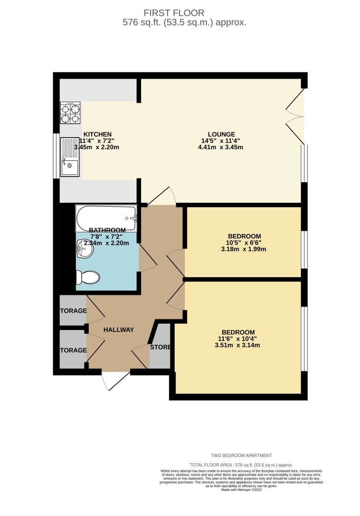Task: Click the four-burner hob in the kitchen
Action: click(70, 113)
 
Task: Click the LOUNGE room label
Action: click(221, 134)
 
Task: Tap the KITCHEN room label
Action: click(97, 134)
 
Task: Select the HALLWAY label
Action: click(119, 329)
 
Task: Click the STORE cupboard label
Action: click(160, 347)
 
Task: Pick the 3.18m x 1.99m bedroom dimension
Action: click(244, 249)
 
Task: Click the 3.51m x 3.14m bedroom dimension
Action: click(238, 345)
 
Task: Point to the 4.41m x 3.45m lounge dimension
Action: click(221, 147)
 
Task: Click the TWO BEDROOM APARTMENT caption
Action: click(241, 455)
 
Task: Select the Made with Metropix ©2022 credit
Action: click(241, 489)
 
